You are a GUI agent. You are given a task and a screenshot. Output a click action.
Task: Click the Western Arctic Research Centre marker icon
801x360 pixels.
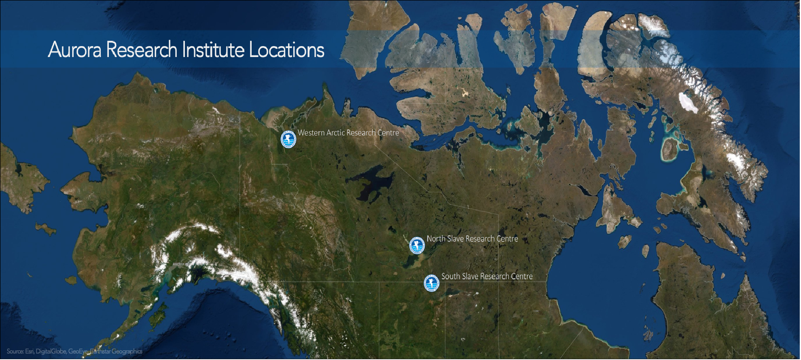point(288,139)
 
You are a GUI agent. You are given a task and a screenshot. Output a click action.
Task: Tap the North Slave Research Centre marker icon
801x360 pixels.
point(417,245)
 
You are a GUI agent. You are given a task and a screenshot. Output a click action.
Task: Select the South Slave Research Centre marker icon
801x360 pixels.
point(432,283)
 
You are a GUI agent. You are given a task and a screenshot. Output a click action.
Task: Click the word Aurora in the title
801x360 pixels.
point(74,50)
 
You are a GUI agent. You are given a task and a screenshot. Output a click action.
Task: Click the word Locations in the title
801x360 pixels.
point(286,50)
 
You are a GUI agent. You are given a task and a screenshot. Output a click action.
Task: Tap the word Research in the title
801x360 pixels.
point(142,50)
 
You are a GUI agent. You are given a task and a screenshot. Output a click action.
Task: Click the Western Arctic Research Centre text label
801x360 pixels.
point(348,133)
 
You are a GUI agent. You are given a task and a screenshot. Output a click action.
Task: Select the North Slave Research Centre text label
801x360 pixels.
point(472,239)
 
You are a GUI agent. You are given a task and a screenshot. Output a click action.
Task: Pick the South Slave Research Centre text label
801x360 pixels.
point(487,276)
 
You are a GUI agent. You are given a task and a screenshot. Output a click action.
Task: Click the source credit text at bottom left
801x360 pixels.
point(74,352)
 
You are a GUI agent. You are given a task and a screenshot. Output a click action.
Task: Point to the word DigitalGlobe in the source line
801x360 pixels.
point(51,352)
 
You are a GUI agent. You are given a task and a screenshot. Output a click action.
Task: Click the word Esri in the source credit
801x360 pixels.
point(30,352)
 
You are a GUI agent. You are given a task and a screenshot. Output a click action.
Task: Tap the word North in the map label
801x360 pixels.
point(436,239)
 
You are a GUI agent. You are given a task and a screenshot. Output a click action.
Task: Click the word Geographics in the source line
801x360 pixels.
point(127,352)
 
